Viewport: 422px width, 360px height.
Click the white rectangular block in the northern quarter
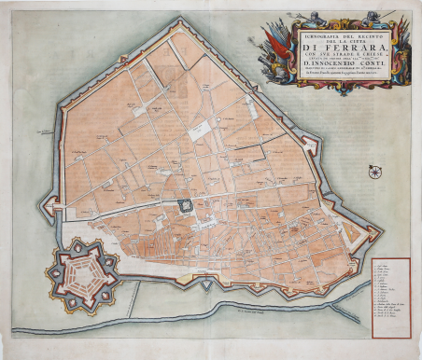coord(198,131)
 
